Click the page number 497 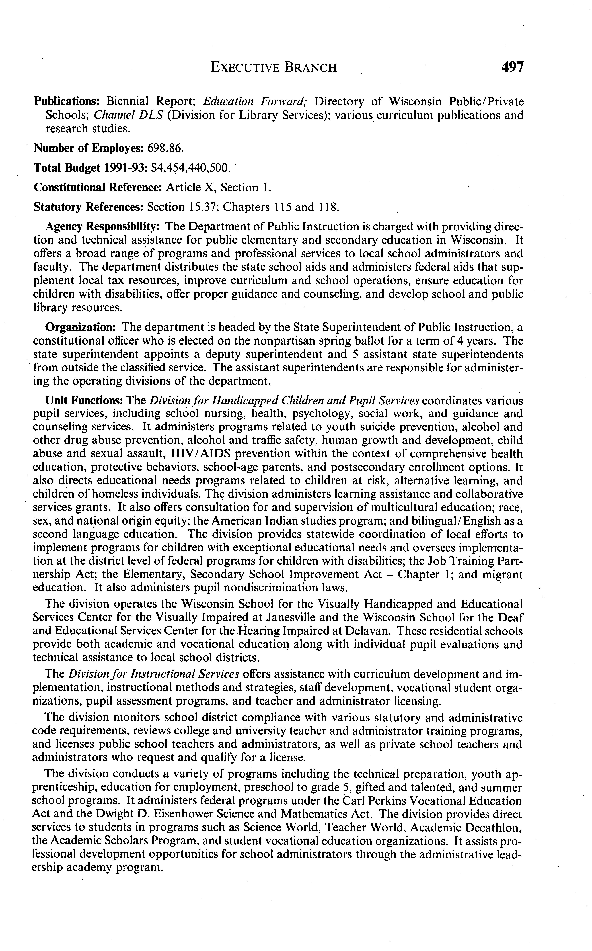click(512, 67)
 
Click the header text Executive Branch click(273, 68)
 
